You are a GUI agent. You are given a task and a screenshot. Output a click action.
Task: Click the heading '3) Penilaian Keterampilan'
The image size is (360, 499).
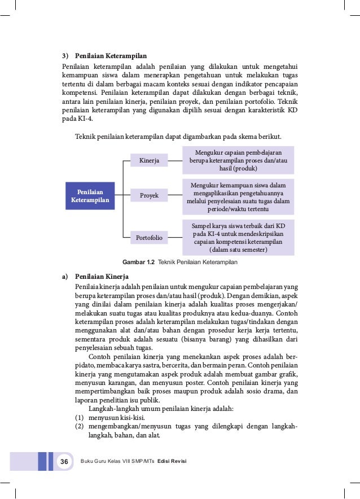tap(104, 56)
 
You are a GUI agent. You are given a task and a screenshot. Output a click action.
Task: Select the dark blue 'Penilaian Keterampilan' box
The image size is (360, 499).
tap(90, 196)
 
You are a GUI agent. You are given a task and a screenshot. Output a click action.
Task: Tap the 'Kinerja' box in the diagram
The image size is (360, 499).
tap(149, 161)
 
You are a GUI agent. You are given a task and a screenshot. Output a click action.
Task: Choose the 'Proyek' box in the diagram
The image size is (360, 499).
tap(149, 196)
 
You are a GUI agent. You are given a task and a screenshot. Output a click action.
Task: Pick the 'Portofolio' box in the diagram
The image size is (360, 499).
tap(149, 238)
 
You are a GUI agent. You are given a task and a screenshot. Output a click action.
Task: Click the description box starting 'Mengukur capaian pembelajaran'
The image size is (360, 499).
tap(238, 161)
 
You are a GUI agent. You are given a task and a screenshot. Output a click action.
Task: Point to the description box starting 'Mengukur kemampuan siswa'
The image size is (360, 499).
tap(238, 197)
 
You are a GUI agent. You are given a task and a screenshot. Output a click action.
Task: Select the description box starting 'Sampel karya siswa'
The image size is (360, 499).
tap(238, 237)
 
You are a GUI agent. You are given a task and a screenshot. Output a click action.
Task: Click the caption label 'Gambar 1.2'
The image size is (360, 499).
tap(139, 262)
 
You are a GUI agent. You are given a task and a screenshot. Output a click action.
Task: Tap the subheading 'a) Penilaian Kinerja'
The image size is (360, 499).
tap(95, 277)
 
